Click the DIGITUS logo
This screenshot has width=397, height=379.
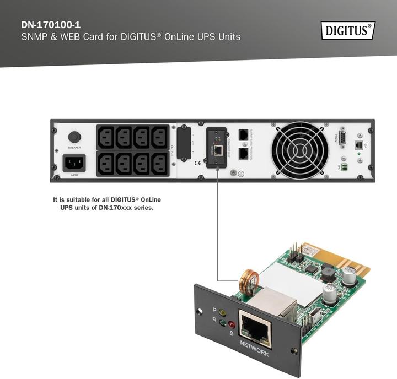pyautogui.click(x=347, y=30)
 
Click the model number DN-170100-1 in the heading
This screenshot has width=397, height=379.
pyautogui.click(x=50, y=25)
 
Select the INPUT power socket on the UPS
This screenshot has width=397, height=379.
pyautogui.click(x=74, y=163)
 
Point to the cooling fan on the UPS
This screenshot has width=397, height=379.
pyautogui.click(x=301, y=148)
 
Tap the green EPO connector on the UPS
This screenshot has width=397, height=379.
pyautogui.click(x=345, y=167)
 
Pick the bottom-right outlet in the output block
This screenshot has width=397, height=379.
pyautogui.click(x=159, y=163)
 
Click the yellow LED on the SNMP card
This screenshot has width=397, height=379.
pyautogui.click(x=223, y=312)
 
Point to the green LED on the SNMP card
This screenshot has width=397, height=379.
pyautogui.click(x=222, y=323)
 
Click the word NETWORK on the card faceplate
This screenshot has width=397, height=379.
pyautogui.click(x=254, y=349)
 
